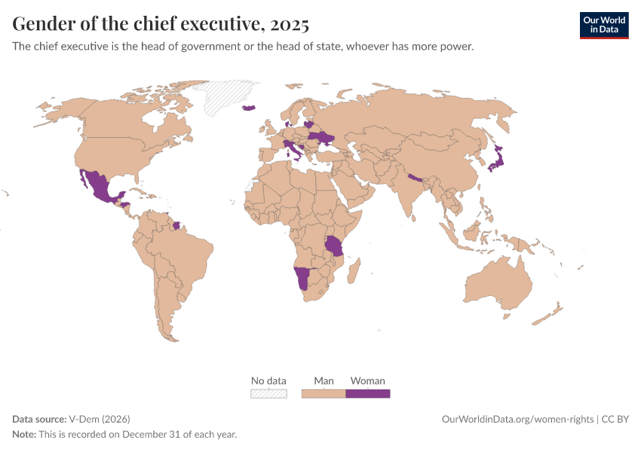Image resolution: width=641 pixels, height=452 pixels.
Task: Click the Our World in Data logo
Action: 603,25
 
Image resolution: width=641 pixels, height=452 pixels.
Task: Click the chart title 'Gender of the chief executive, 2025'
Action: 161,24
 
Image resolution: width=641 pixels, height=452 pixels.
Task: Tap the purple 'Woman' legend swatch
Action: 367,393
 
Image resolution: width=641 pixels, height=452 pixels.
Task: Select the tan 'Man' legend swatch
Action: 324,393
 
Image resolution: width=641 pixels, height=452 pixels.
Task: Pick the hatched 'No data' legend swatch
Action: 268,393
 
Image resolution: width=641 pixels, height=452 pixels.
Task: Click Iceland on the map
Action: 250,108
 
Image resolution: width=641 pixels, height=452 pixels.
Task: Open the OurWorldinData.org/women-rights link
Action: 517,419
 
